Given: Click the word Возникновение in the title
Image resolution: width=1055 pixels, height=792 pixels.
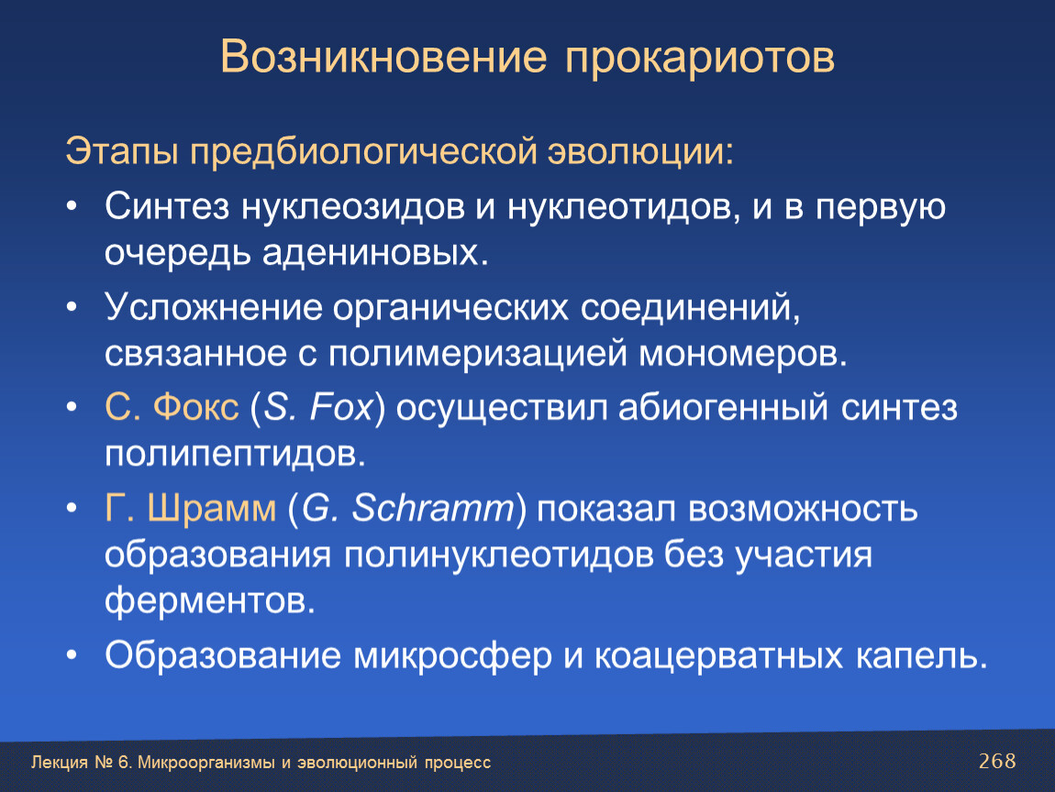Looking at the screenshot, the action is pos(383,57).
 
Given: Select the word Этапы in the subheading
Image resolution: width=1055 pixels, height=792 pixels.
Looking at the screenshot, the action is pos(122,152).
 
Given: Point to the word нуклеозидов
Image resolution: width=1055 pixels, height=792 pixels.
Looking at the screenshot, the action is pos(352,207).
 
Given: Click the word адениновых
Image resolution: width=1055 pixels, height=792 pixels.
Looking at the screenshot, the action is pos(375,253).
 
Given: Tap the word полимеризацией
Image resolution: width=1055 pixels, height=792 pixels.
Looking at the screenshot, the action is pos(478,355).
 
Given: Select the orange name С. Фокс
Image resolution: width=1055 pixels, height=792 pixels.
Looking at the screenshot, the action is pos(172,407).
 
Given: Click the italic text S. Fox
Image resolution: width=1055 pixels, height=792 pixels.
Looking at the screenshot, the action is pos(317,407).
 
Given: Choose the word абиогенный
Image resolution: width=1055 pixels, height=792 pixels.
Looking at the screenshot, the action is pos(723,407).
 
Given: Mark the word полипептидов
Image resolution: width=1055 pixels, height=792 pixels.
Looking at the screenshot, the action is pos(236,455).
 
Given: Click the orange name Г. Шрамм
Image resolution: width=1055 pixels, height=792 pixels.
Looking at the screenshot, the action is pos(191,508).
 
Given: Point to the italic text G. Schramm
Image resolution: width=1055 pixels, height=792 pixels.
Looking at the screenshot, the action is pos(407,508).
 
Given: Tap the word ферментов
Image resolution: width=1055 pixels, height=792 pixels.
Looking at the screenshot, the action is pos(210,600).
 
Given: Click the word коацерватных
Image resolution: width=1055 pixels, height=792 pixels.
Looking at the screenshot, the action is pos(718,656).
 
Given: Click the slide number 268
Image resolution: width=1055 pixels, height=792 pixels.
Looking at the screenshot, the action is pos(997,761).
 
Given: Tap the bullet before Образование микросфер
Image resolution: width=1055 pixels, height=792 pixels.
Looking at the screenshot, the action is pos(72,654).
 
